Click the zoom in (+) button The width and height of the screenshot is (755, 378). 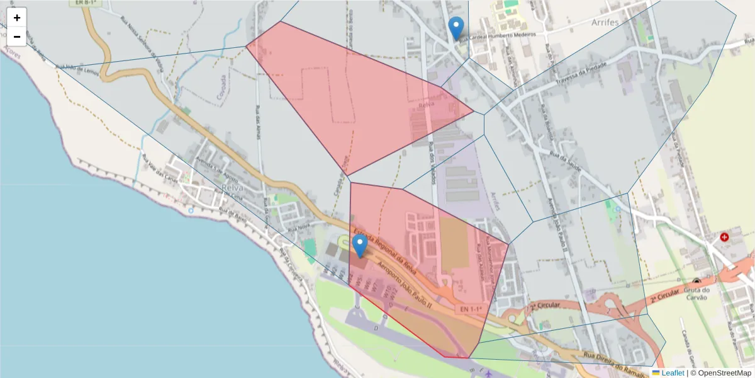17,18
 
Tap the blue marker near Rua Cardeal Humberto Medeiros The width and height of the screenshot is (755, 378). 456,28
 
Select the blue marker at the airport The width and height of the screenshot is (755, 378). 360,246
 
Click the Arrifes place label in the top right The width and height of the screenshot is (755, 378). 605,22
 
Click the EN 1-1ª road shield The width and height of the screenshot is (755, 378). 471,309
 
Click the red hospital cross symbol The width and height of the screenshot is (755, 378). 725,237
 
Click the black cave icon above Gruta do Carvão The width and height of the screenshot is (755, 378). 696,281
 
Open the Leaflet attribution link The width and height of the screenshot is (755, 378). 672,373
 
